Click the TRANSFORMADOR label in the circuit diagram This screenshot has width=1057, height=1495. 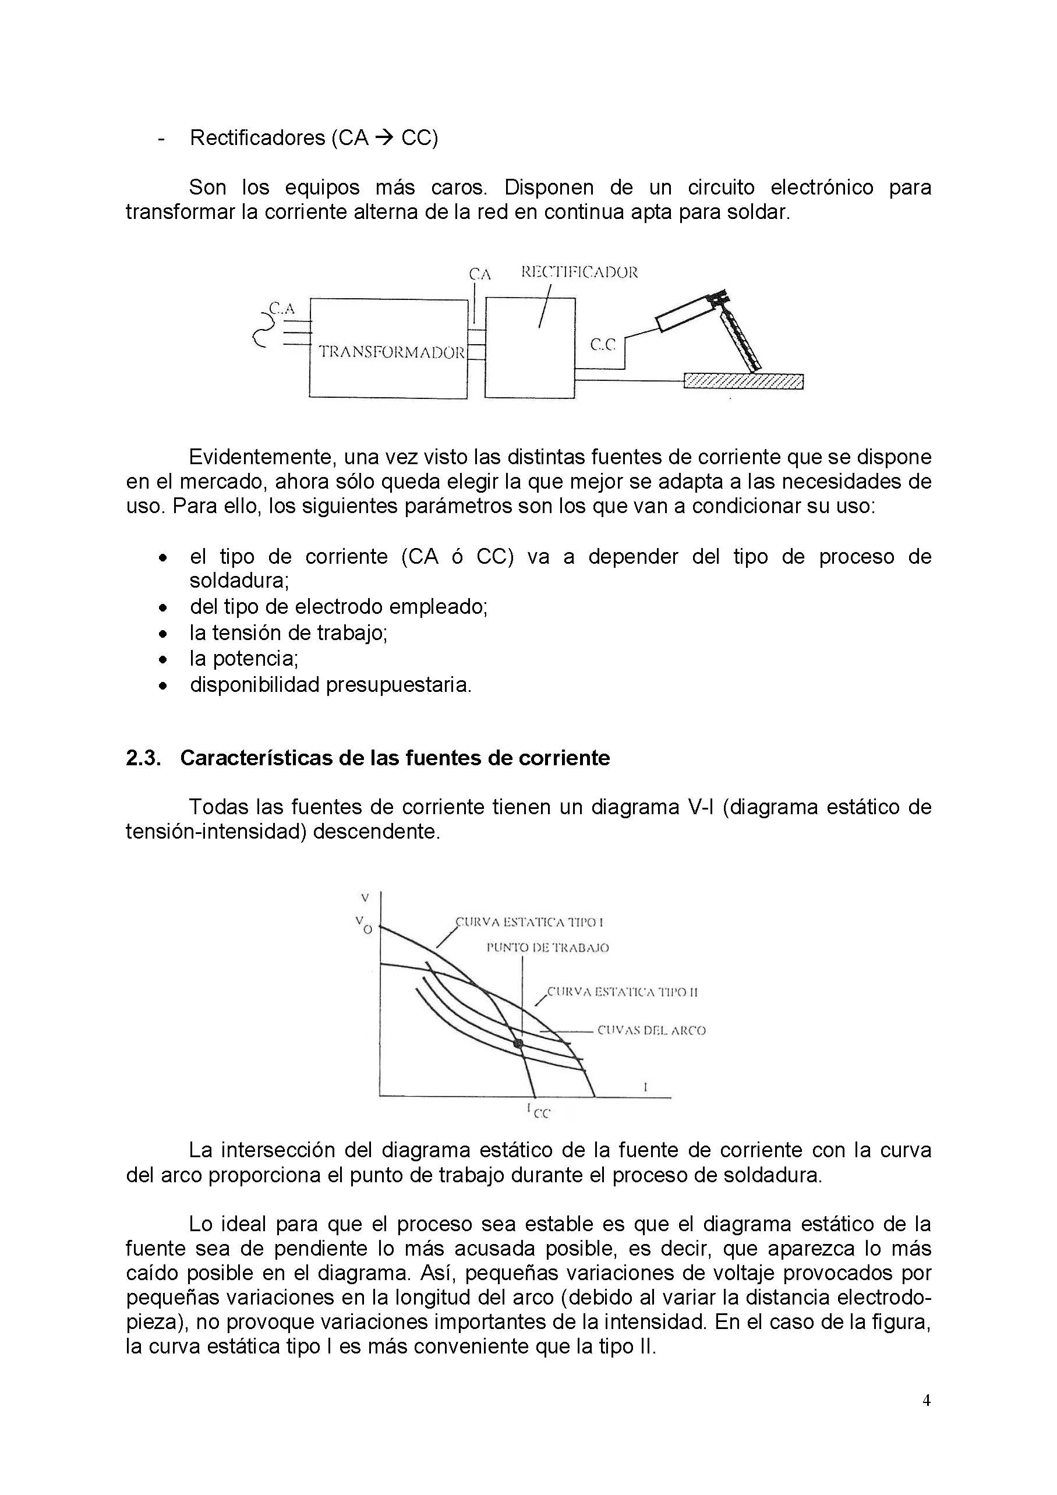click(x=391, y=352)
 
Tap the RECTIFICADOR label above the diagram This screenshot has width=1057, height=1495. click(x=579, y=273)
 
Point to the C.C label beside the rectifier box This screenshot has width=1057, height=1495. click(x=602, y=345)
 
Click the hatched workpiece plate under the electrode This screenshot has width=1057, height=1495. click(x=743, y=381)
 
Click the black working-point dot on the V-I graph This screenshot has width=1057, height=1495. click(x=518, y=1044)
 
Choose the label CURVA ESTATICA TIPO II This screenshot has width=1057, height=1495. click(x=622, y=992)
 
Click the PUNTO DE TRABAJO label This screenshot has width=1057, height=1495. click(x=547, y=948)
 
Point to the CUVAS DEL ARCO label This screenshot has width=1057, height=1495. click(x=651, y=1030)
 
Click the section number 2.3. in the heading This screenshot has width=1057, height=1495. click(x=143, y=758)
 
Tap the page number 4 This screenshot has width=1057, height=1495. click(x=926, y=1419)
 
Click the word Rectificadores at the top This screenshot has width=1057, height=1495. click(x=257, y=138)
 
